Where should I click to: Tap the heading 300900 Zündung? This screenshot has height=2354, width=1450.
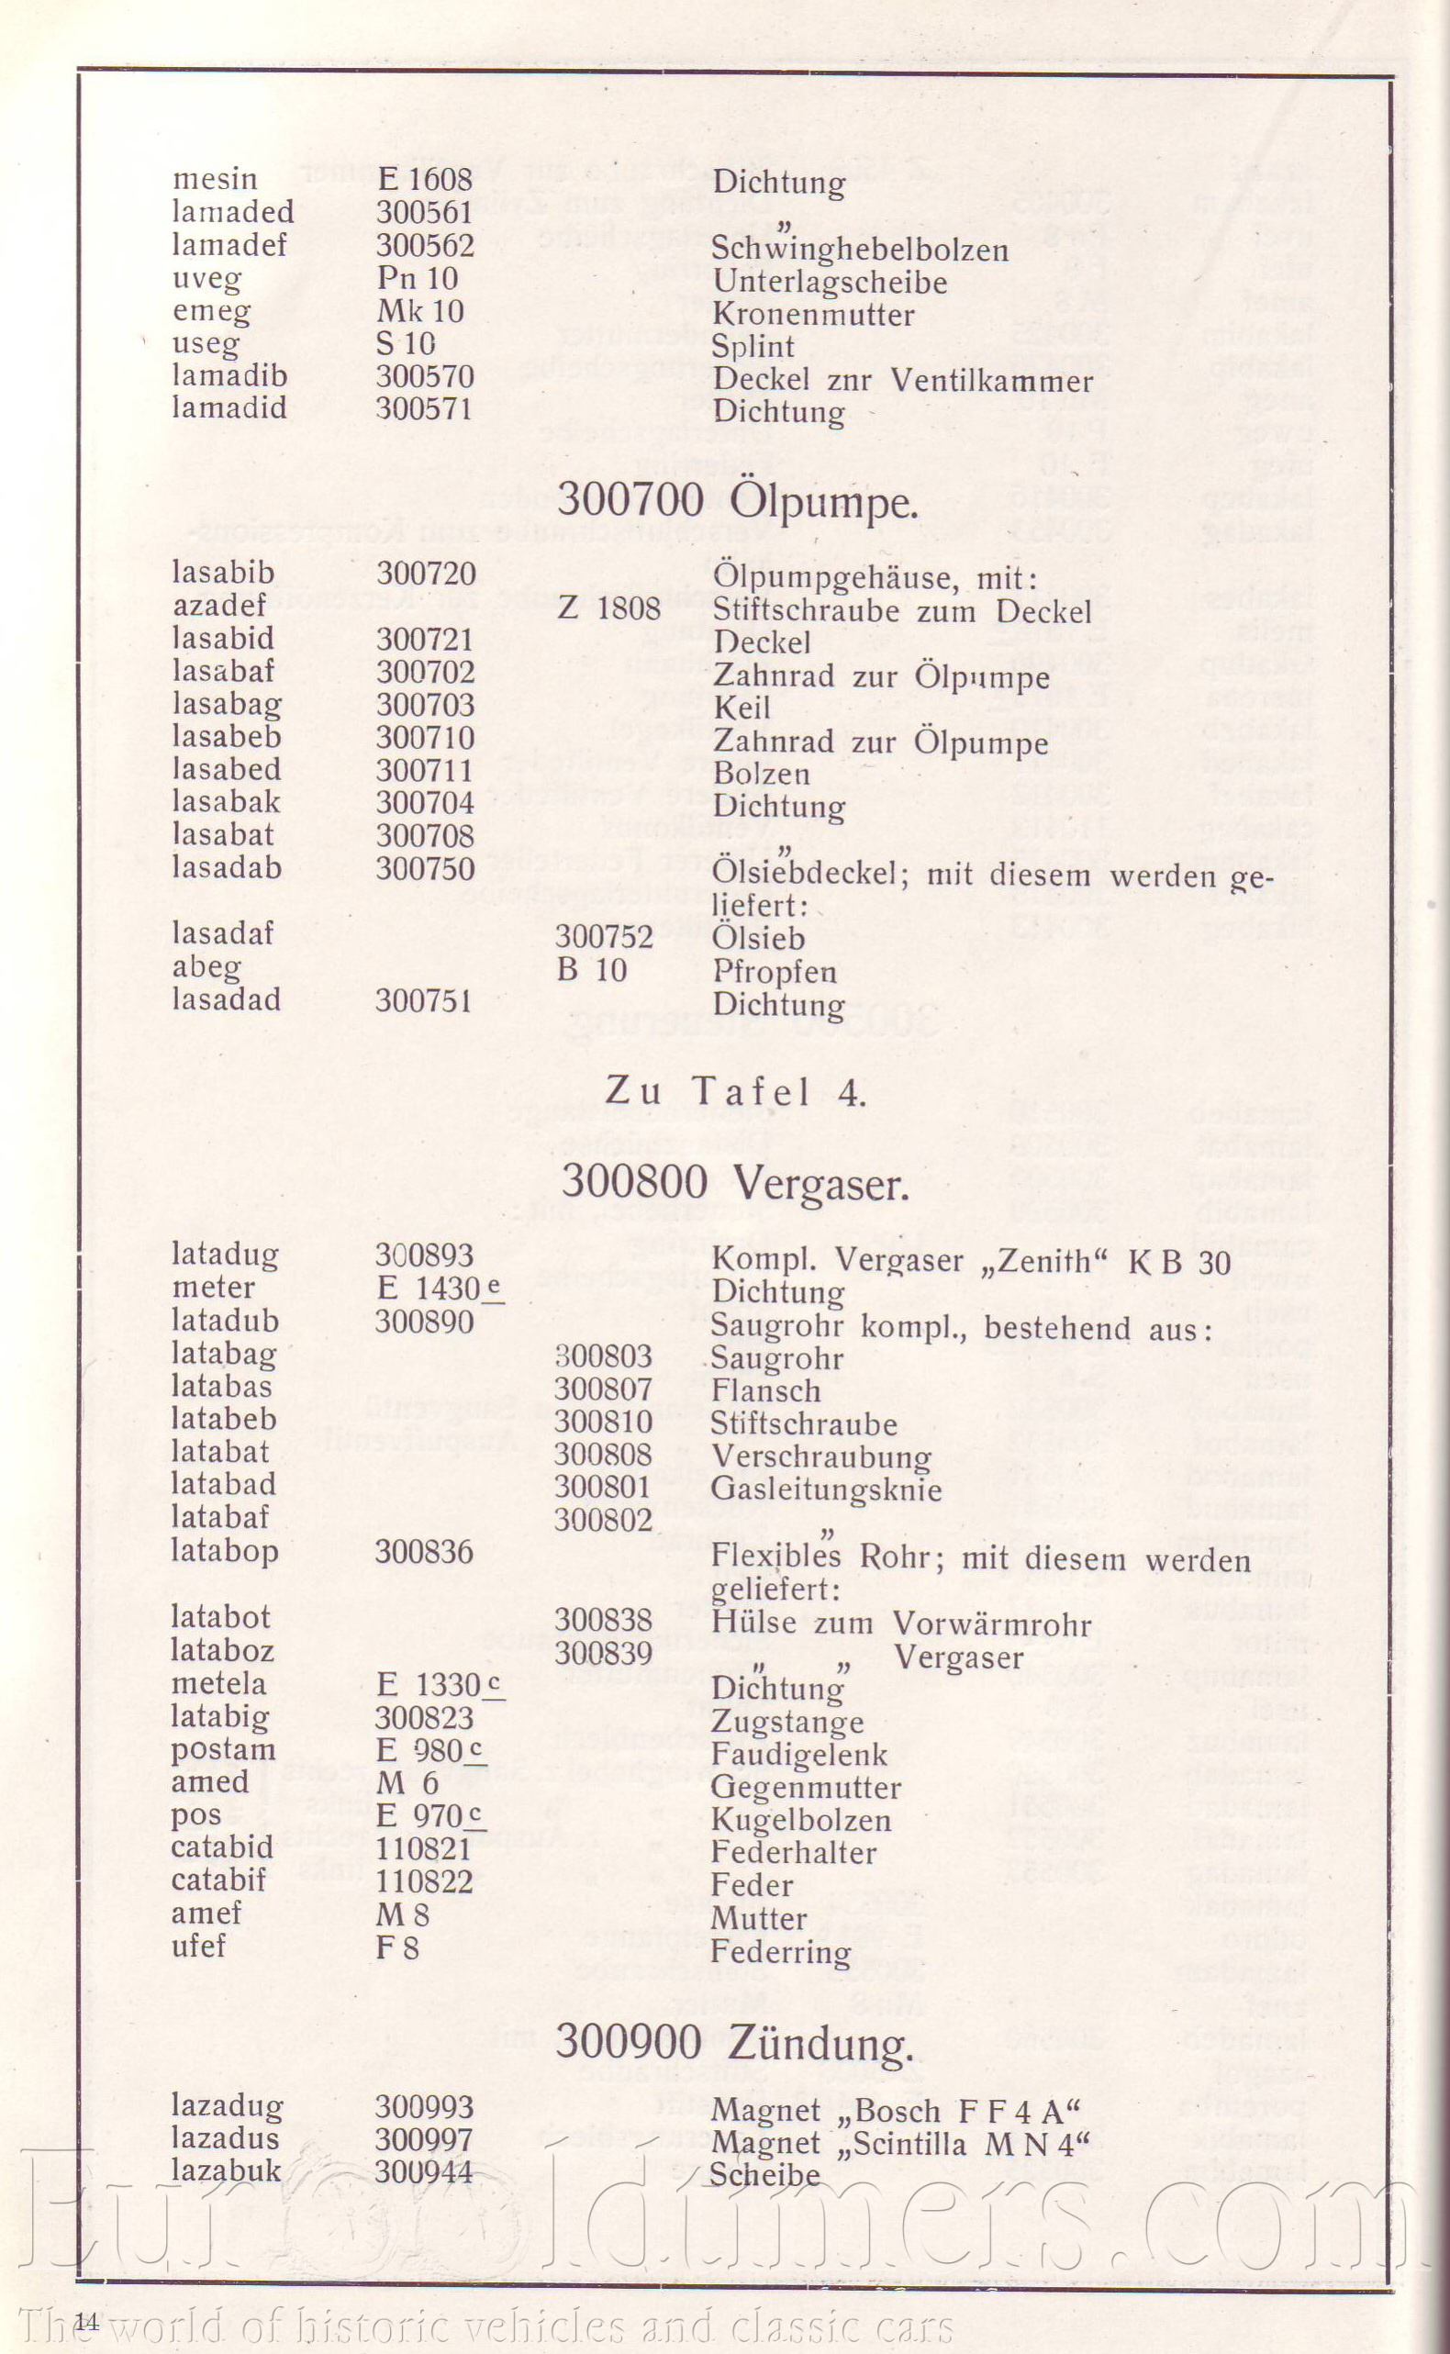click(x=733, y=2042)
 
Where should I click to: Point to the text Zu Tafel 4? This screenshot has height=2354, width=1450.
click(x=737, y=1092)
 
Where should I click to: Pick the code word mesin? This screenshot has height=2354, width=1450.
click(x=215, y=179)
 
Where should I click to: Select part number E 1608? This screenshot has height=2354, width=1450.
click(x=425, y=180)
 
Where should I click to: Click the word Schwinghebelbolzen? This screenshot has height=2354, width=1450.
click(x=860, y=250)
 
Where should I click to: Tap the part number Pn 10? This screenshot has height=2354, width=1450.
click(x=418, y=279)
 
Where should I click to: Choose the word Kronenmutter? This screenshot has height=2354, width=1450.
click(x=813, y=315)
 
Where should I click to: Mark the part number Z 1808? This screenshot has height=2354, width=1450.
click(x=609, y=608)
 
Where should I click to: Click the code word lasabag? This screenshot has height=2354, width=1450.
click(x=227, y=705)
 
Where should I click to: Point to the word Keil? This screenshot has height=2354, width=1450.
click(x=742, y=708)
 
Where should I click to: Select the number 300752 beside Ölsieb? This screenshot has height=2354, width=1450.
click(x=604, y=936)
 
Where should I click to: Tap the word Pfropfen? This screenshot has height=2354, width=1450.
click(x=774, y=971)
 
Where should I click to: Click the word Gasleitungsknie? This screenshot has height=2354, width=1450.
click(x=826, y=1489)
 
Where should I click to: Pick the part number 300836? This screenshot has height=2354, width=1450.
click(x=424, y=1551)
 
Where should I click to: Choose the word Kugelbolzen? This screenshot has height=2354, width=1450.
click(x=801, y=1821)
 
